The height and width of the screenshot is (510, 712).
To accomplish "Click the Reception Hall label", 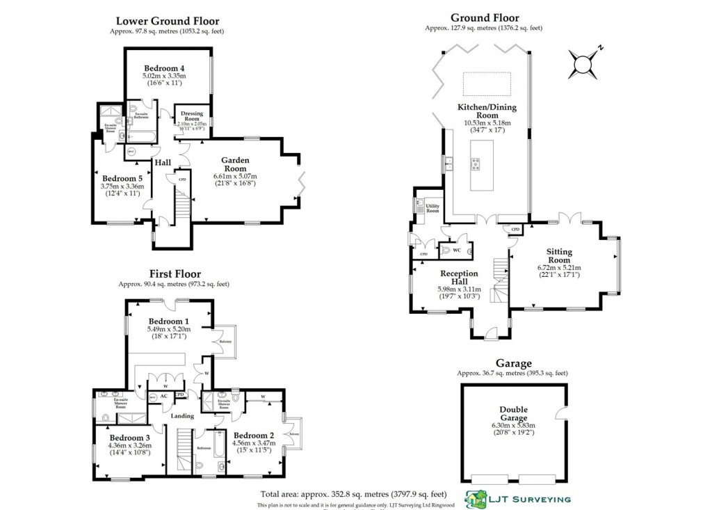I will point(459,278).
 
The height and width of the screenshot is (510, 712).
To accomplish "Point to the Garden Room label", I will point(235,164).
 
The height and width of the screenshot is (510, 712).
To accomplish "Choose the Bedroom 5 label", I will point(122,178).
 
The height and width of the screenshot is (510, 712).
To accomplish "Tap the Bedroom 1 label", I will point(168,321).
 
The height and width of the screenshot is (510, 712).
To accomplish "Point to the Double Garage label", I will point(513,414).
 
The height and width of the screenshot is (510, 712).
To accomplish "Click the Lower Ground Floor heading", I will point(166,21).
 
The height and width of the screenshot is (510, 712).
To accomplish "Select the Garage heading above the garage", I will point(513,363).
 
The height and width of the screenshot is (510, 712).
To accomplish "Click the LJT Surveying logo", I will point(519,498).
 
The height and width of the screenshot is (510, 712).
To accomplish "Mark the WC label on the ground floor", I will point(457,250).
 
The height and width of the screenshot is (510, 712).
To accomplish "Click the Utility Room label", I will point(432,208).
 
